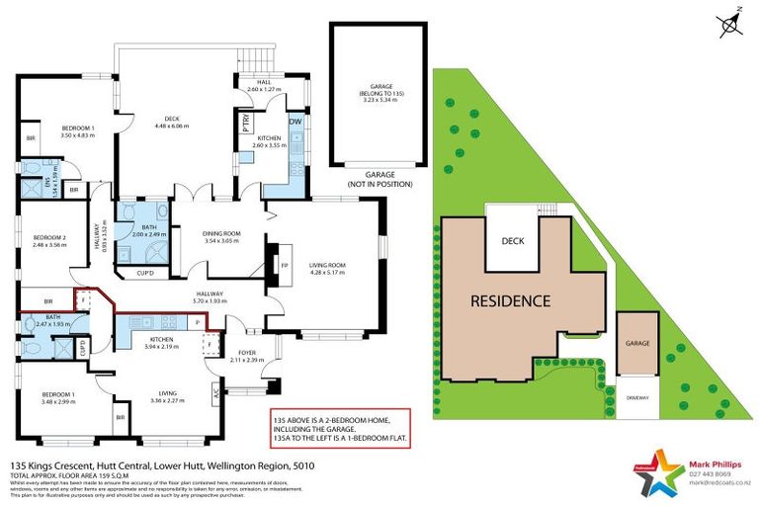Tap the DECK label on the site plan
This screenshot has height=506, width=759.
tap(512, 240)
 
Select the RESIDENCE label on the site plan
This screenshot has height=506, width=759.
tap(510, 300)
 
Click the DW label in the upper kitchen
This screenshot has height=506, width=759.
tap(295, 122)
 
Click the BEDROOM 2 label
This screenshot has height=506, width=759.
tap(49, 238)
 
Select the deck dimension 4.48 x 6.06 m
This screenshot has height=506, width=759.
tap(171, 126)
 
